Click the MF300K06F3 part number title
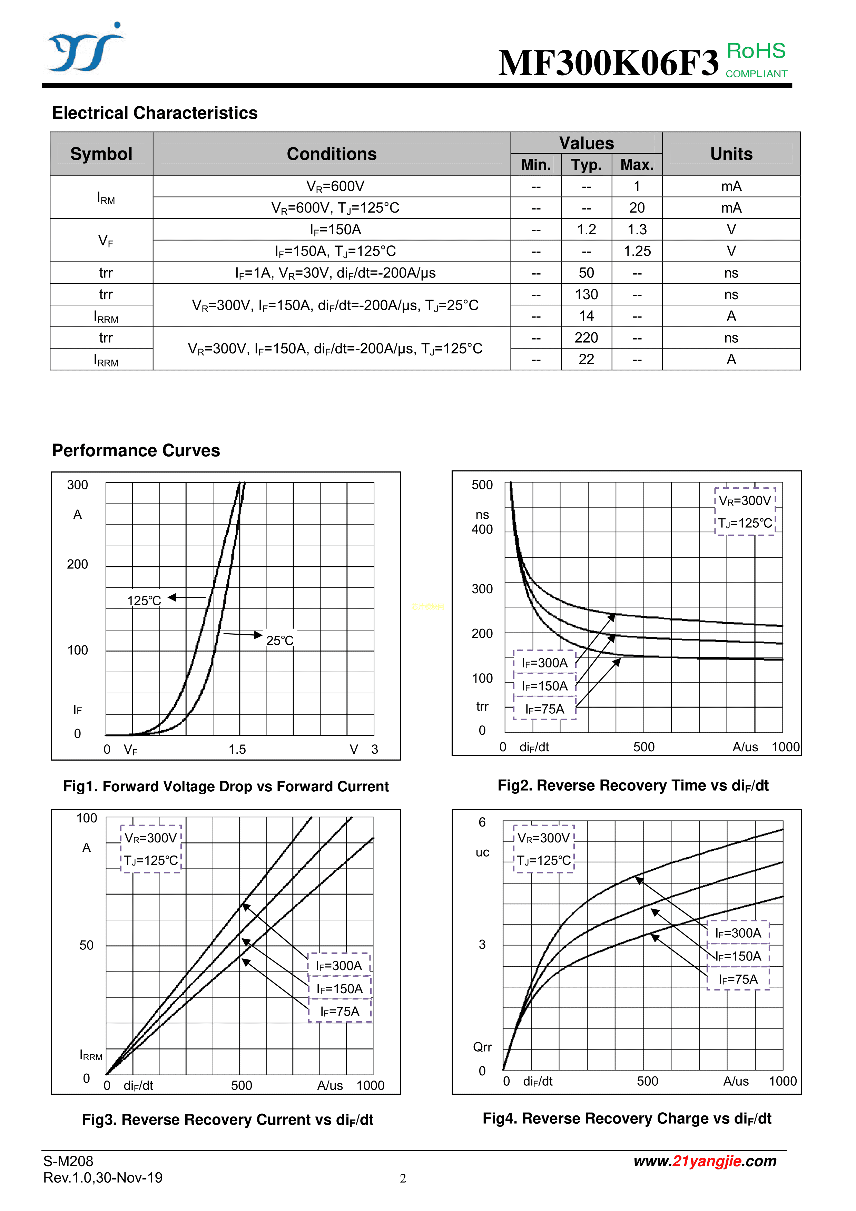tap(608, 63)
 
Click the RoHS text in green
tap(756, 51)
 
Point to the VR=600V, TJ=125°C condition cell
tap(335, 208)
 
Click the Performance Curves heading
tap(136, 450)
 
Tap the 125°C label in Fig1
tap(144, 601)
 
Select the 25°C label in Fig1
tap(279, 640)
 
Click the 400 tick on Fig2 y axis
tap(482, 529)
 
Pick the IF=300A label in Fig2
tap(544, 663)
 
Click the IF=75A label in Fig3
tap(340, 1011)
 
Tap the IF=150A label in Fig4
tap(738, 956)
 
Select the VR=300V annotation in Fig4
tap(543, 838)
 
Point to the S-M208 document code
tap(68, 1161)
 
